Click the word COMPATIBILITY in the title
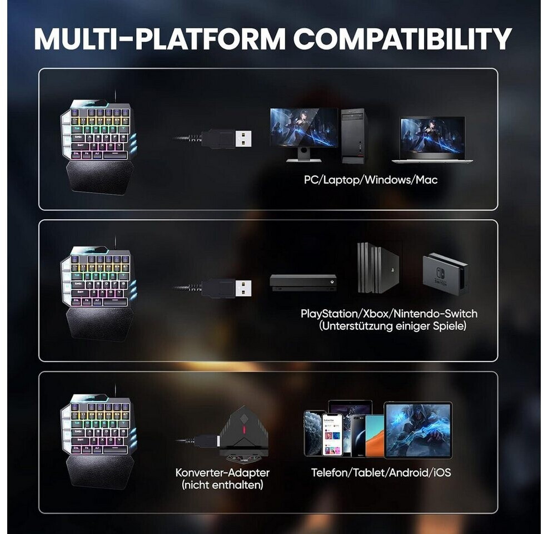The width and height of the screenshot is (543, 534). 402,38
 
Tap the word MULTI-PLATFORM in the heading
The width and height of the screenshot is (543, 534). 160,38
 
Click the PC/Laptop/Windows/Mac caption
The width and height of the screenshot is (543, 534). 370,180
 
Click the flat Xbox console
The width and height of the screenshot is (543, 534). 303,282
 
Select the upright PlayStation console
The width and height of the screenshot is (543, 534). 378,268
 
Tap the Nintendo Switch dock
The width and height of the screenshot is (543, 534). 445,274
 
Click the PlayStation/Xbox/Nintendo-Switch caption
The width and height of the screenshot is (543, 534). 388,314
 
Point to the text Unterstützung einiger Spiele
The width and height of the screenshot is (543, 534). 392,327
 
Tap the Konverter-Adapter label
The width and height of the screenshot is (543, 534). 222,473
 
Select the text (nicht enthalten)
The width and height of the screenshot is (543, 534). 222,486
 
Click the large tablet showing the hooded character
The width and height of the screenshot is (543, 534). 418,430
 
